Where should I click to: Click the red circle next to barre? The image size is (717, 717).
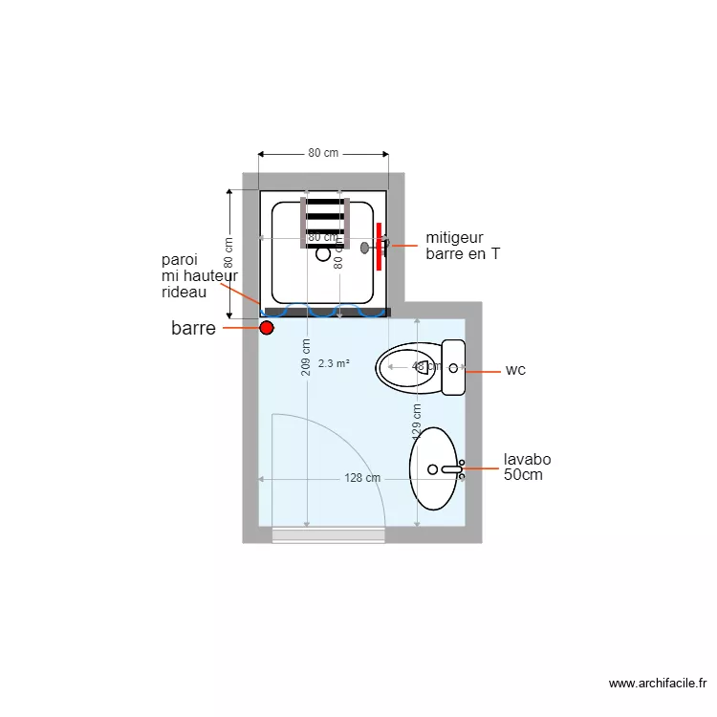tap(267, 329)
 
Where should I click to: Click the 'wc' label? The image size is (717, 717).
tap(515, 370)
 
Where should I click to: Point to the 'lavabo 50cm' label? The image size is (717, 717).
tap(527, 467)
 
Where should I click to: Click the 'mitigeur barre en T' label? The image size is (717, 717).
tap(462, 246)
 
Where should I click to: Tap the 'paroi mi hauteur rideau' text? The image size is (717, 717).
tap(199, 275)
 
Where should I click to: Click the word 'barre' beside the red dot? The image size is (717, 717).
tap(193, 329)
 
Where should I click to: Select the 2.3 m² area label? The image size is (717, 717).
tap(334, 363)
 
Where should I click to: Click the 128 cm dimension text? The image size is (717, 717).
tap(362, 478)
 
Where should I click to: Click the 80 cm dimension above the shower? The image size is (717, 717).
tap(323, 153)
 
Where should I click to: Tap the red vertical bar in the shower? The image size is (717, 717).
tap(380, 246)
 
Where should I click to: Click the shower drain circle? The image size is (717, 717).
tap(323, 256)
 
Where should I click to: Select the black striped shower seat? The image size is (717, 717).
tap(325, 223)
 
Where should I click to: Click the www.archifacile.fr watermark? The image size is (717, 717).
tap(657, 684)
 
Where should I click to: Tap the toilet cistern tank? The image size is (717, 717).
tap(453, 367)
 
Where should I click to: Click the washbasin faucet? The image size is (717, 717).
tap(452, 468)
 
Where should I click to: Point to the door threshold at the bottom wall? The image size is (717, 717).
tap(329, 534)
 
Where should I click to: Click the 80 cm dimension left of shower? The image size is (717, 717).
tap(229, 253)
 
